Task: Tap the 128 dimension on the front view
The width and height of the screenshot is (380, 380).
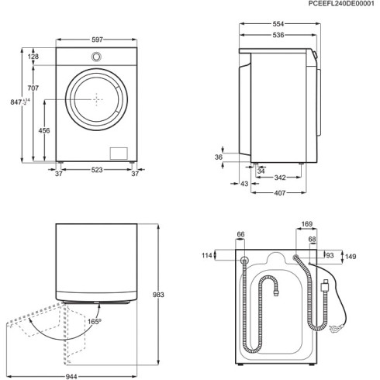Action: click(x=34, y=57)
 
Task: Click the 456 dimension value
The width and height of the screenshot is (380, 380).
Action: click(x=44, y=131)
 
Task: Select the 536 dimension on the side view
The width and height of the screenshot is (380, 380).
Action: click(x=277, y=35)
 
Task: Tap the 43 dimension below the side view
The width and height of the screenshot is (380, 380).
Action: click(x=244, y=183)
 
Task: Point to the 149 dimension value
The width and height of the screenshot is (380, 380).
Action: click(x=350, y=257)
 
